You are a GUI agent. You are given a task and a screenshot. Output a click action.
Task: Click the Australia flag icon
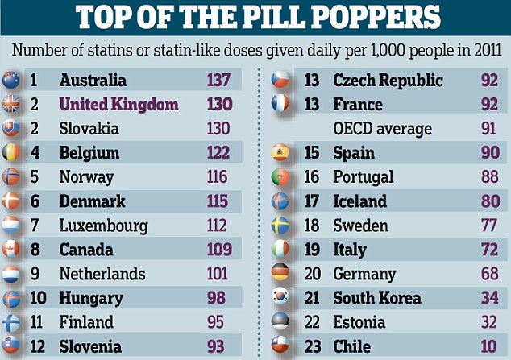(x=11, y=81)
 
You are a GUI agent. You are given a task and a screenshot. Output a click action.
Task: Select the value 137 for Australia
(x=218, y=81)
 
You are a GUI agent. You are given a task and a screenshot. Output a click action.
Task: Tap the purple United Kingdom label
(x=119, y=105)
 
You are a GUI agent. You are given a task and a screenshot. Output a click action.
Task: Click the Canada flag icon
(x=11, y=250)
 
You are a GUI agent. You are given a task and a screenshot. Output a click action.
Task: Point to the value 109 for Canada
(x=218, y=250)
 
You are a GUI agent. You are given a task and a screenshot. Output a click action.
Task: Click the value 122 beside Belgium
(x=218, y=153)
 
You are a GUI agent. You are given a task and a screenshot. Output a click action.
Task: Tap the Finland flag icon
(x=11, y=322)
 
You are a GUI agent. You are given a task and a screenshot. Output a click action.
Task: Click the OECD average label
(x=383, y=129)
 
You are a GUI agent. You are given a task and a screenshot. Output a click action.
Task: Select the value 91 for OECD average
(x=488, y=129)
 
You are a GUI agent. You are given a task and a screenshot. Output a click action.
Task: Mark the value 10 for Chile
(x=488, y=347)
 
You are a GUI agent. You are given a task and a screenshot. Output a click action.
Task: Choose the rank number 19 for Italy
(x=310, y=250)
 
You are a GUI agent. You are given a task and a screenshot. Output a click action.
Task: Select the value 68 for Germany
(x=488, y=274)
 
